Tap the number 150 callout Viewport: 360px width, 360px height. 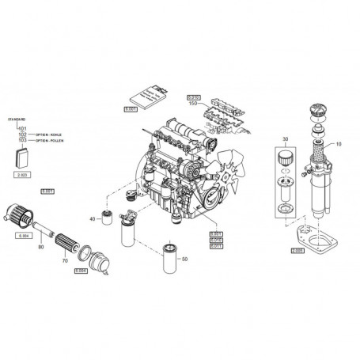point(192,104)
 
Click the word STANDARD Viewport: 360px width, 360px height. point(17,119)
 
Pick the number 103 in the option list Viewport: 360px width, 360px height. point(22,139)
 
